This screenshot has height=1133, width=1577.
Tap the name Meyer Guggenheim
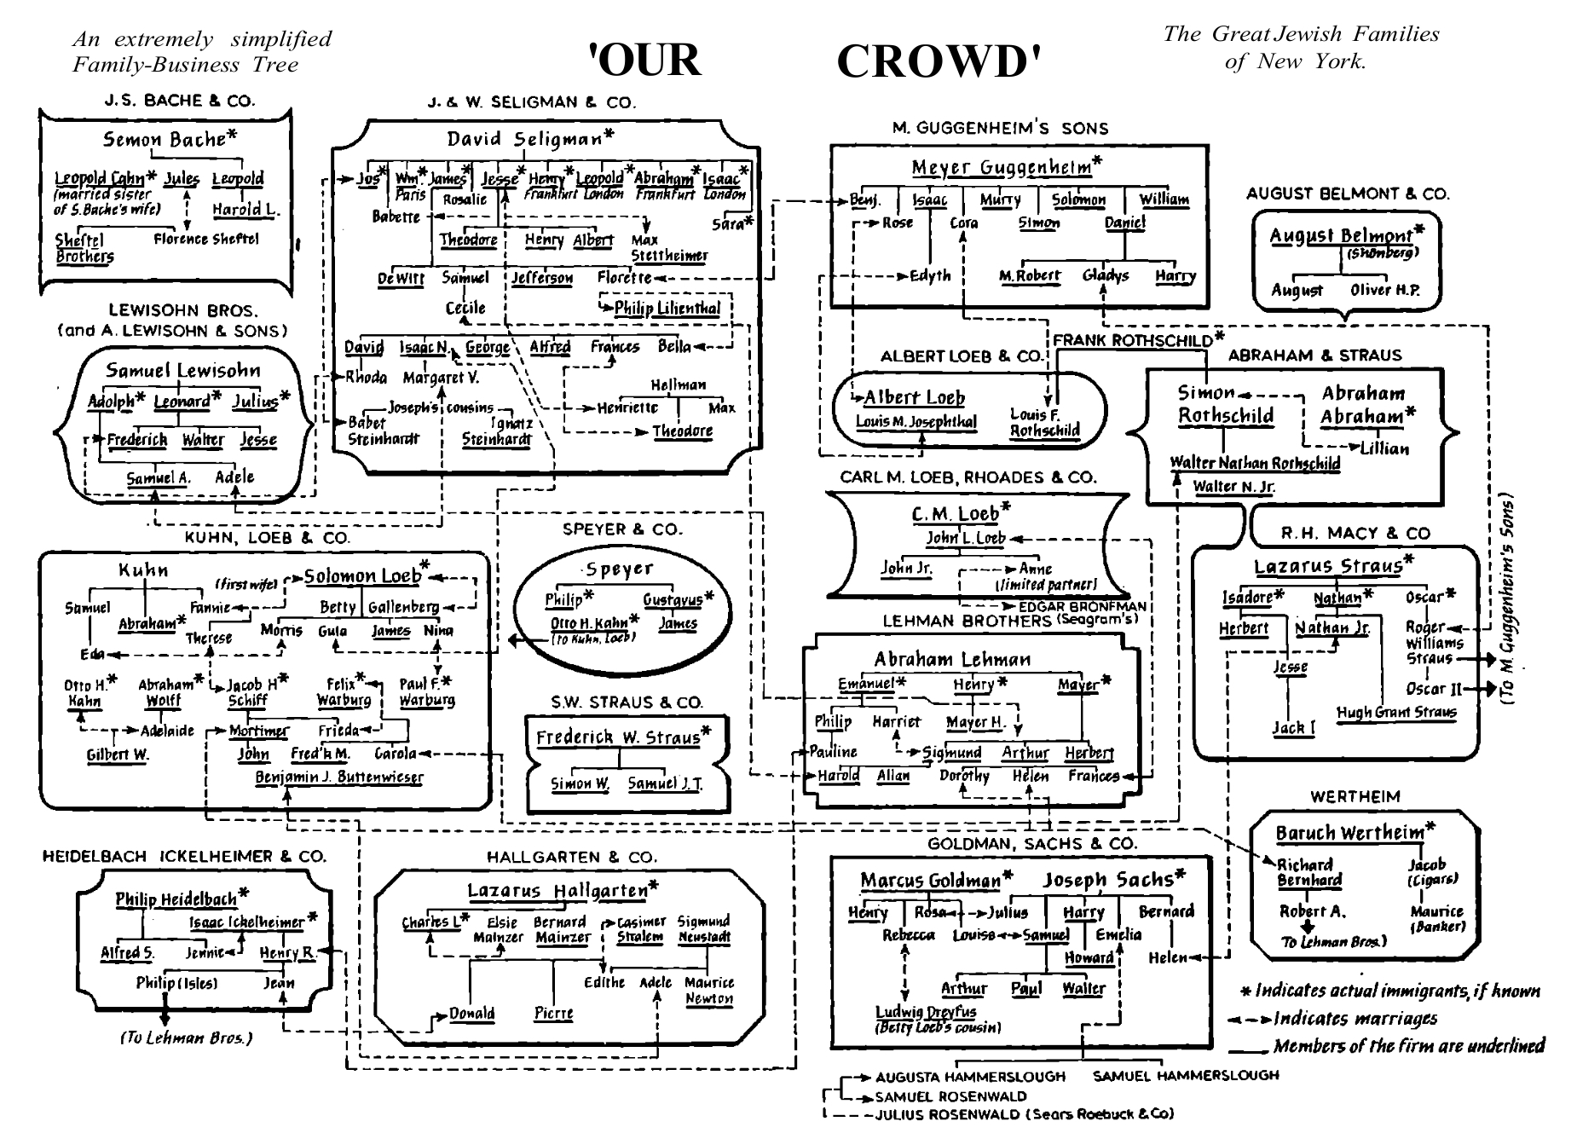click(x=1004, y=166)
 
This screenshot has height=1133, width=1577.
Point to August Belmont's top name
click(x=1341, y=235)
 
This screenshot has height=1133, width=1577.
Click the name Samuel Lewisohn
click(x=182, y=371)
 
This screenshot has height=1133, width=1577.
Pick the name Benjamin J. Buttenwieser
click(x=339, y=777)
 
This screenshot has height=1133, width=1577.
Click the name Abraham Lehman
click(x=951, y=659)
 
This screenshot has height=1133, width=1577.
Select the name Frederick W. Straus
click(x=620, y=737)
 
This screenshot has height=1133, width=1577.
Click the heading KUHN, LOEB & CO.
click(x=267, y=538)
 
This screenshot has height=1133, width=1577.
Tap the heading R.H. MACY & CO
click(x=1355, y=534)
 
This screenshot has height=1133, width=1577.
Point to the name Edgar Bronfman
click(x=1083, y=607)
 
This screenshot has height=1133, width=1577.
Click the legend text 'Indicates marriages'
click(x=1355, y=1019)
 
